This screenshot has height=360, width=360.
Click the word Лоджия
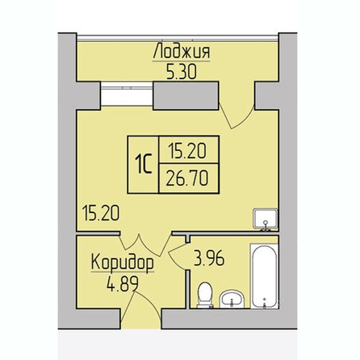coord(182,51)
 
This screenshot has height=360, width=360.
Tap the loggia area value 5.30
coord(182,72)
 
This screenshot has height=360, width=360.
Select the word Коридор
coord(123,262)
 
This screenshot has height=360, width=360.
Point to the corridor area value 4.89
coord(123,284)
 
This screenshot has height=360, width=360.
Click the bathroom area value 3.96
coord(209,259)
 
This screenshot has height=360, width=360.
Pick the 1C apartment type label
coord(144,165)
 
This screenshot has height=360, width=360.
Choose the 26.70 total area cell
coord(187,178)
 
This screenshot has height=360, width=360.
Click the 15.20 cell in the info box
coord(187,150)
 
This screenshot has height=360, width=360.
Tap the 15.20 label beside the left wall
coord(101,213)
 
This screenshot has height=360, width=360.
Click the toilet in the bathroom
coord(205,295)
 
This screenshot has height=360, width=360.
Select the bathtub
coord(264,276)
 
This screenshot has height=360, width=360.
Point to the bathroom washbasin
coord(232,299)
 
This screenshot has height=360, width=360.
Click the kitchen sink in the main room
coord(266,220)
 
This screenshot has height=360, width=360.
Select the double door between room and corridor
coord(145,245)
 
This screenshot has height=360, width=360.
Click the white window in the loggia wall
coord(127,94)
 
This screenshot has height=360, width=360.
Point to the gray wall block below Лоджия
coord(186,96)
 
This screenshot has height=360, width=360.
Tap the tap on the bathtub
coord(265,303)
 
